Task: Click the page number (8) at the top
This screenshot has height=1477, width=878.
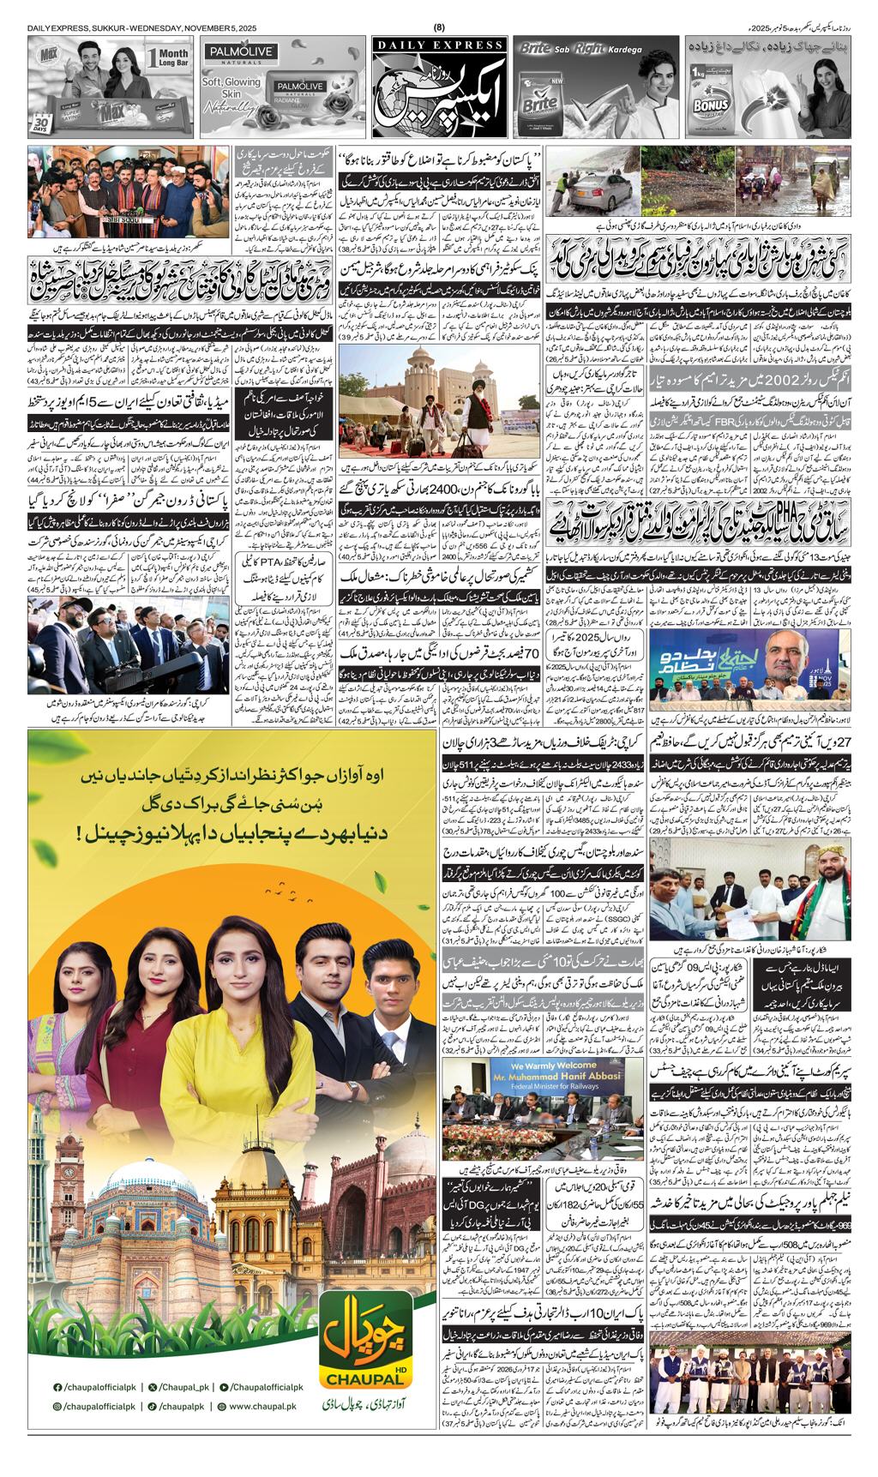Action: tap(440, 27)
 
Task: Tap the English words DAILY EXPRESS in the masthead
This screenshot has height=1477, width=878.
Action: tap(439, 45)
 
